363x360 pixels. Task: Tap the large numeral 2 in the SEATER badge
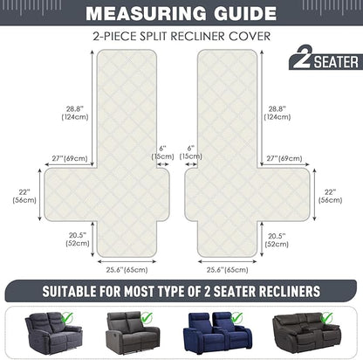[302, 57]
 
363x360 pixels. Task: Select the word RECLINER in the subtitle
[198, 37]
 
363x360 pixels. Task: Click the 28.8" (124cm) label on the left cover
[75, 113]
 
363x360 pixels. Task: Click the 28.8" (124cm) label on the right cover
[277, 113]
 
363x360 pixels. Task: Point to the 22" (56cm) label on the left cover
[24, 196]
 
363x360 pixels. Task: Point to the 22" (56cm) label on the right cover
[330, 196]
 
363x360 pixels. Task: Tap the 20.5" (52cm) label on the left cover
[78, 239]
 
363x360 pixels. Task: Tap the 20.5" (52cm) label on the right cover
[277, 240]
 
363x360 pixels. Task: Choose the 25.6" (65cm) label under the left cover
[127, 270]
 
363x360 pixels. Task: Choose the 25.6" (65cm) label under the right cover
[228, 270]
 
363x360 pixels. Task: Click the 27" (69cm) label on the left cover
[70, 158]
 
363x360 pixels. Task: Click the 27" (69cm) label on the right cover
[284, 158]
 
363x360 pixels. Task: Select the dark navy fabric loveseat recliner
[54, 333]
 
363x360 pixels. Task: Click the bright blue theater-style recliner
[217, 333]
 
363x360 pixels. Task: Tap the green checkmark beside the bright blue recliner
[237, 318]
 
